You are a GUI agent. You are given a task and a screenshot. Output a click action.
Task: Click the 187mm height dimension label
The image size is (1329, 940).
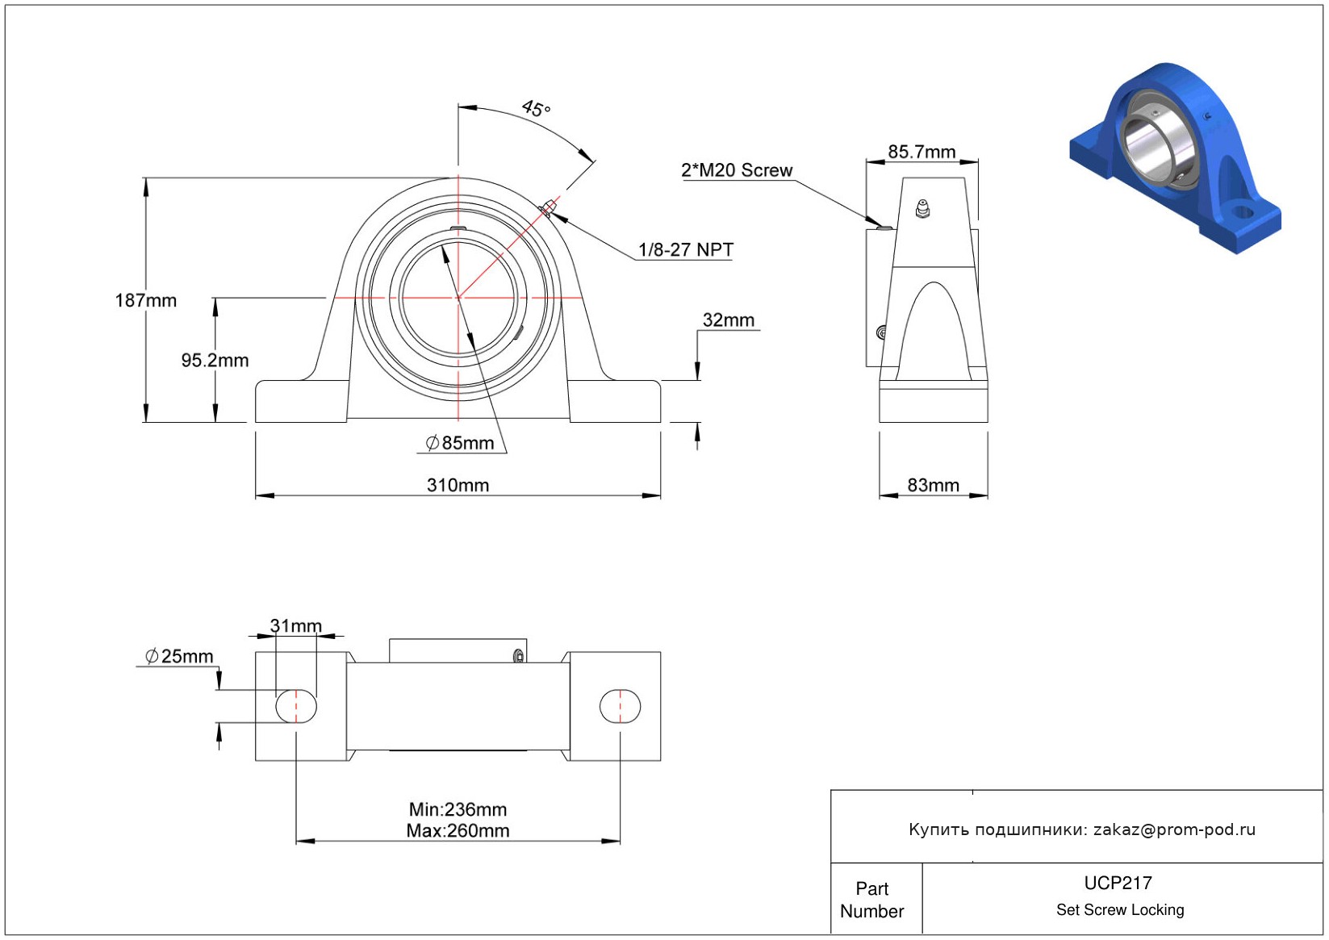point(146,301)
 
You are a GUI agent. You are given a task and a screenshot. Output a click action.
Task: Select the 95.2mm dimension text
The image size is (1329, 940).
point(215,361)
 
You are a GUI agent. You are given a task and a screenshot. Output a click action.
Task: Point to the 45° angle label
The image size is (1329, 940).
point(536,108)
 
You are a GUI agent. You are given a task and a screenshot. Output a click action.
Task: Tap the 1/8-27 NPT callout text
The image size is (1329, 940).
point(686,250)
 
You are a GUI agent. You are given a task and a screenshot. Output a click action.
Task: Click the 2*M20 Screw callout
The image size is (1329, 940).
point(737,170)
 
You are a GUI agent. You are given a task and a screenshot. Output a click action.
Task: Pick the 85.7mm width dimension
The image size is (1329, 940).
point(922,152)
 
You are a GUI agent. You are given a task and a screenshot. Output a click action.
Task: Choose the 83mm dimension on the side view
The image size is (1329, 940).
point(933,485)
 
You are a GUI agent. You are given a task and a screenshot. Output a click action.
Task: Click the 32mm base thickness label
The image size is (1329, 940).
point(728,320)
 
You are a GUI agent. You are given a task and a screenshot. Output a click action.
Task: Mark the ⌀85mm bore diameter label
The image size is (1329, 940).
point(460,443)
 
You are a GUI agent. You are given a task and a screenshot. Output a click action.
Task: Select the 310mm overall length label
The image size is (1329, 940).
point(458,485)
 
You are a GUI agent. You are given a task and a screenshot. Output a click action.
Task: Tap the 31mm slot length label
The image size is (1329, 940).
point(295,626)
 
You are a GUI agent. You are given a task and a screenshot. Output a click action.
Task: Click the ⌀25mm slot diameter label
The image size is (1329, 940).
point(179,657)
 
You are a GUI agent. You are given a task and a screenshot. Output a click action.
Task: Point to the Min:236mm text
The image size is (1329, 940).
point(458,809)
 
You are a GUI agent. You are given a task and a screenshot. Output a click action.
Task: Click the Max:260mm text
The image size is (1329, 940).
point(458,830)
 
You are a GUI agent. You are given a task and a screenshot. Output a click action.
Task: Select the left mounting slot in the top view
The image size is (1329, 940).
point(296,707)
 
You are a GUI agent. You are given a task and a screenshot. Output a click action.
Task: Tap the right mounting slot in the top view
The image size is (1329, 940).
point(620,707)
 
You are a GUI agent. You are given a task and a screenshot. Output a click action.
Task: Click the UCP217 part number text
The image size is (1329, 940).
point(1118,883)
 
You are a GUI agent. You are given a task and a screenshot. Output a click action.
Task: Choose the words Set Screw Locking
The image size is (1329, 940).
point(1120,910)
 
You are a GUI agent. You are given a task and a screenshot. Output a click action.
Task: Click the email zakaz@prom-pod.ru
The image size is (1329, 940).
point(1174,829)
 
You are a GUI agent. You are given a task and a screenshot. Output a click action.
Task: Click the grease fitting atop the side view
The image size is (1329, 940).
point(922,209)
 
